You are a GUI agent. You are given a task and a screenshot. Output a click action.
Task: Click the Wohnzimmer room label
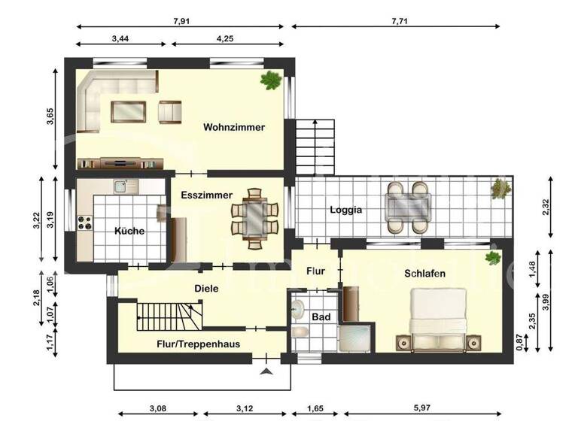click(234, 128)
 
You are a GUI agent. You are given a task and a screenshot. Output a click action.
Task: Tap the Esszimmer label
click(201, 195)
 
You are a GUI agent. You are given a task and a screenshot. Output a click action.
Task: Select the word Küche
click(129, 231)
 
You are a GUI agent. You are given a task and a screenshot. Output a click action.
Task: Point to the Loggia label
click(346, 210)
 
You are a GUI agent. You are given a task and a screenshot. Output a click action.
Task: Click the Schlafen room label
click(424, 274)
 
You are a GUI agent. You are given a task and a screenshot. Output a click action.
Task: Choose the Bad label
click(321, 317)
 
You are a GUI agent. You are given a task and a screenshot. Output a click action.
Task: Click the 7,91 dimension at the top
click(181, 21)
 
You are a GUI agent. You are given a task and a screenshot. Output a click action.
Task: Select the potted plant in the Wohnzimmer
click(269, 80)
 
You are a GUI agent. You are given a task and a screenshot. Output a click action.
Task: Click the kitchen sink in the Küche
click(120, 185)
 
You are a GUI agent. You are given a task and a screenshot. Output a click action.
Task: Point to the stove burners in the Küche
click(85, 223)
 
